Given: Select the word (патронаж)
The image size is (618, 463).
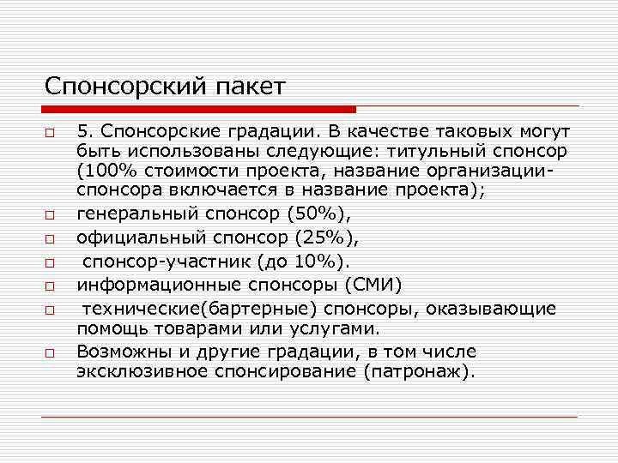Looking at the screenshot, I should point(417,372).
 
